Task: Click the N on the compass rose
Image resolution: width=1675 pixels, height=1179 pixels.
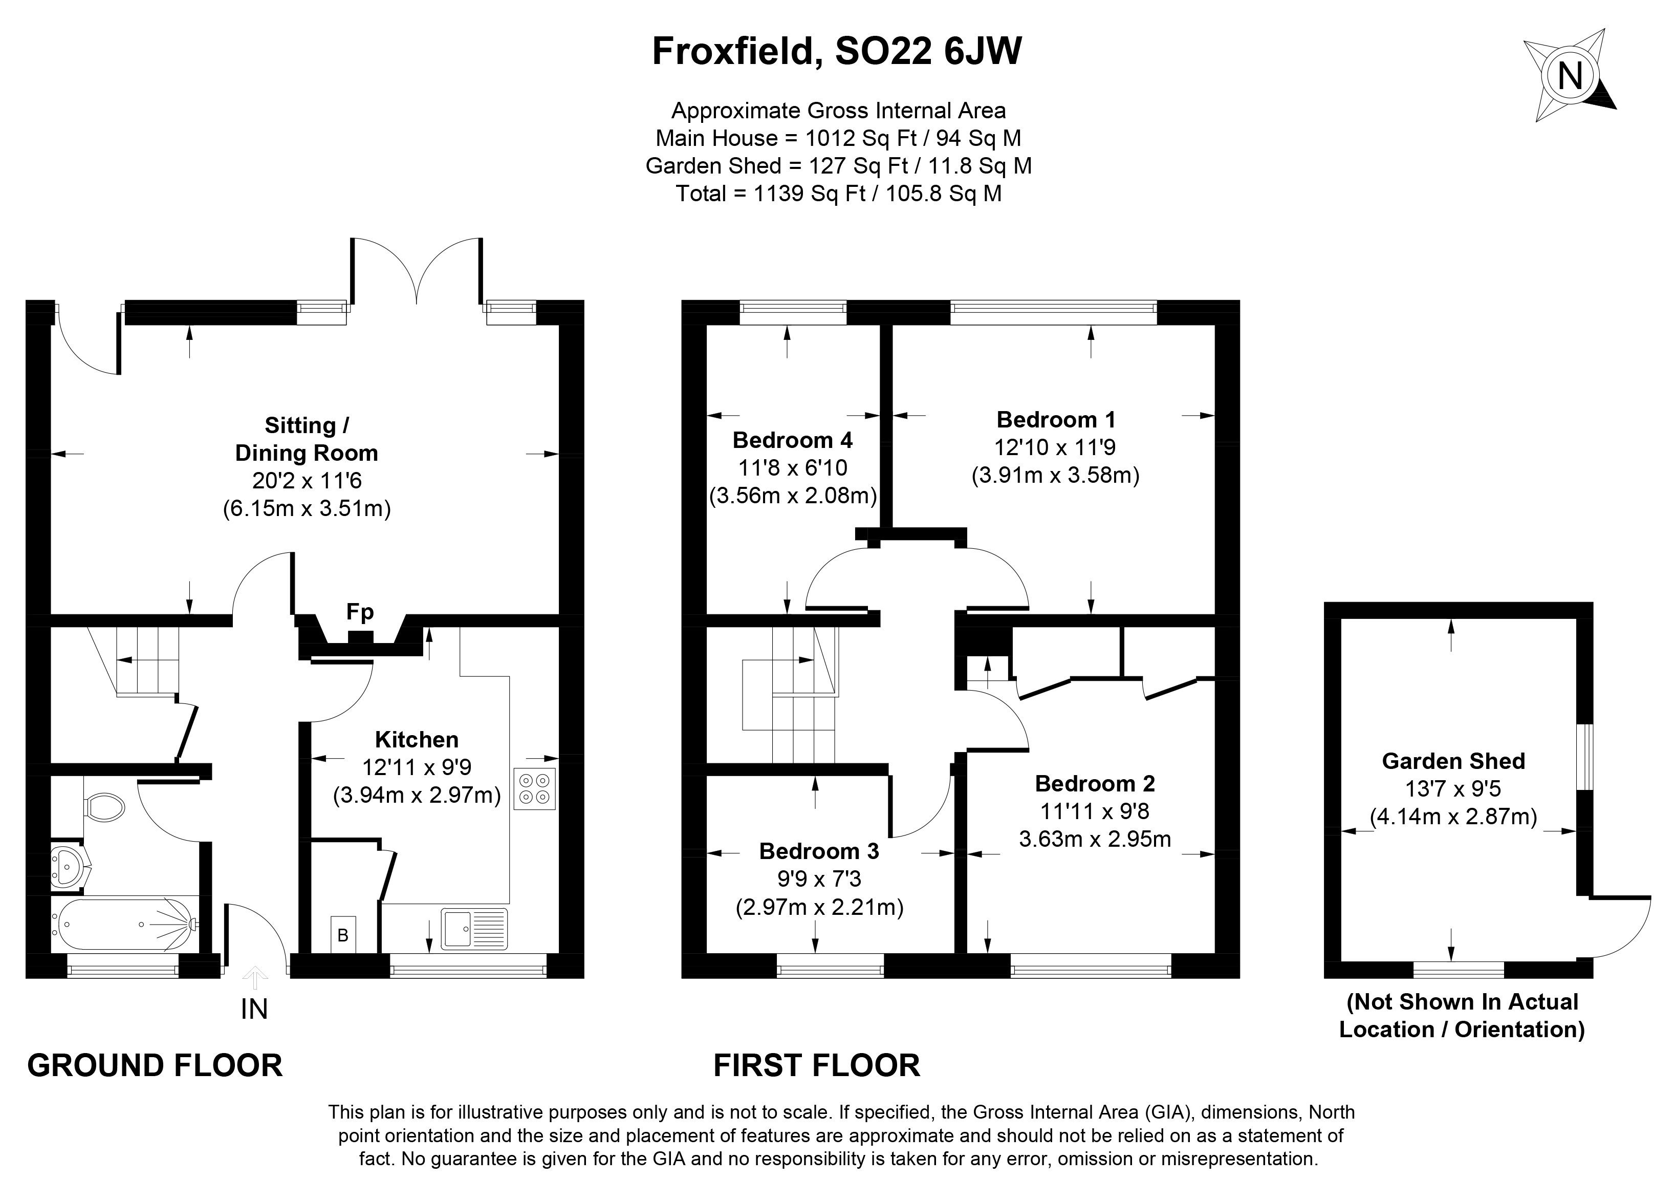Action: pos(1570,76)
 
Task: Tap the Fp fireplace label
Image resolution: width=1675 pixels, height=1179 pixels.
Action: pos(360,612)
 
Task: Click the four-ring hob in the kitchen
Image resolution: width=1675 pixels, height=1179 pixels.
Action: pos(535,789)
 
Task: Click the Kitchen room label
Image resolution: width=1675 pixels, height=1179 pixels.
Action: pos(417,739)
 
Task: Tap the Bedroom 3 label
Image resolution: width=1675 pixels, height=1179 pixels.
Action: pos(818,851)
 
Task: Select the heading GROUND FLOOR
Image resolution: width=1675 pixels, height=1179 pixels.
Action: pos(155,1066)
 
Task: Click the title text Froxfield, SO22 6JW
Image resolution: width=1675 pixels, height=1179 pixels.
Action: pos(837,52)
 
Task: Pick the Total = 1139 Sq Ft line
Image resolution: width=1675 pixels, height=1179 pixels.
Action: pos(838,194)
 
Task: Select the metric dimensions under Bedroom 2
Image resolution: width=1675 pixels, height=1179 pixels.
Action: pos(1094,839)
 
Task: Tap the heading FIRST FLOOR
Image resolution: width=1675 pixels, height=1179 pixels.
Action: pos(816,1066)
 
